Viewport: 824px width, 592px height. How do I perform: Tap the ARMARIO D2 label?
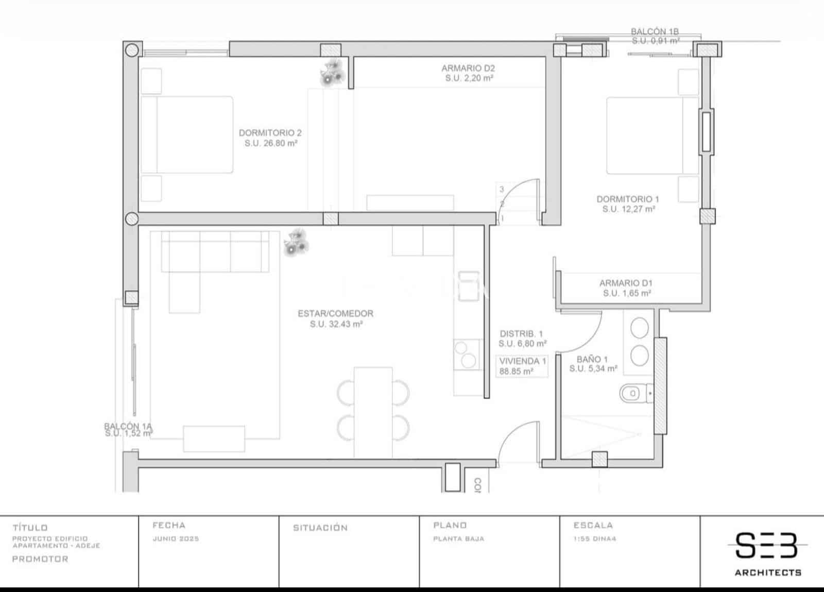[x=468, y=73]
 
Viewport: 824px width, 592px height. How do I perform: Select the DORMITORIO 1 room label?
[x=628, y=204]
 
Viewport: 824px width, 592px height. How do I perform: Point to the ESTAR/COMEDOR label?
[x=336, y=318]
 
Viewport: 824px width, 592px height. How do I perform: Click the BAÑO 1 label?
[x=593, y=364]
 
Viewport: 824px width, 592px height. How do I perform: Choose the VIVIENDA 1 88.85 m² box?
[x=522, y=366]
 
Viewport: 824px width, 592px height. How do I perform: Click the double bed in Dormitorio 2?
[x=187, y=134]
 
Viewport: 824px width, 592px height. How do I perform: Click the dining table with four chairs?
[x=373, y=411]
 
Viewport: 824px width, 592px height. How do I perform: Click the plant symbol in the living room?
[x=297, y=243]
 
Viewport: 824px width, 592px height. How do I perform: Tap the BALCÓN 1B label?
[x=655, y=36]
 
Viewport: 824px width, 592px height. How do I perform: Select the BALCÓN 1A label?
[x=128, y=430]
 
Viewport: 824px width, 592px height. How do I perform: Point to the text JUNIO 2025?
[x=176, y=539]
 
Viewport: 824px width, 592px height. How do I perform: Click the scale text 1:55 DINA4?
[x=595, y=539]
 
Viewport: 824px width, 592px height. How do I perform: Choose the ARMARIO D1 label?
[x=626, y=288]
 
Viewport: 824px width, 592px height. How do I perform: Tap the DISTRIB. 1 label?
[x=522, y=339]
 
